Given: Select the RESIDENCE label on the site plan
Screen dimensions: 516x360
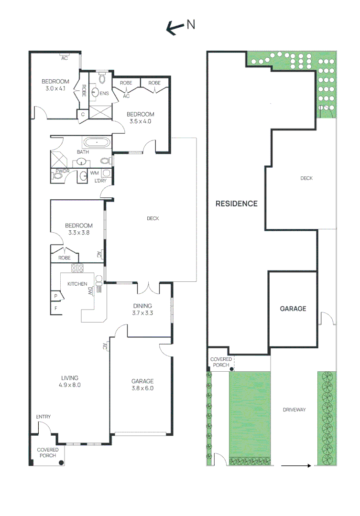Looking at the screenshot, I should (236, 204).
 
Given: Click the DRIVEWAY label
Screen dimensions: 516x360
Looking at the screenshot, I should (294, 410).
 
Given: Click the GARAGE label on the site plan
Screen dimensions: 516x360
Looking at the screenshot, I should (293, 309).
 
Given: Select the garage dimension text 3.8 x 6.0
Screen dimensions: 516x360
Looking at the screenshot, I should (142, 388).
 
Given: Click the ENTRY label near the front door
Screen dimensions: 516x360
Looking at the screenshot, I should (44, 417).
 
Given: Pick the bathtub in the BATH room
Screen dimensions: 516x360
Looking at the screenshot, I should (97, 142).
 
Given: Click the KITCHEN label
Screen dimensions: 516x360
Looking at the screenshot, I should (77, 284).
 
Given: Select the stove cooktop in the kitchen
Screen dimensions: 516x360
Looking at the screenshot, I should (77, 268).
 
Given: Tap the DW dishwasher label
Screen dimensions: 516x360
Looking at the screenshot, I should (90, 291).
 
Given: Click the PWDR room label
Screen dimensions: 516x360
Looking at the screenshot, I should (63, 171).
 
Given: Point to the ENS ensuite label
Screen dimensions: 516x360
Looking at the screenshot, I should (104, 93).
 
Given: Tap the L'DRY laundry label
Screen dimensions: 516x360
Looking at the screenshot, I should (100, 181).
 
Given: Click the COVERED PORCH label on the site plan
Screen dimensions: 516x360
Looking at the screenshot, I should (220, 362).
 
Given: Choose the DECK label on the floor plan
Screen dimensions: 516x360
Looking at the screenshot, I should (153, 218).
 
